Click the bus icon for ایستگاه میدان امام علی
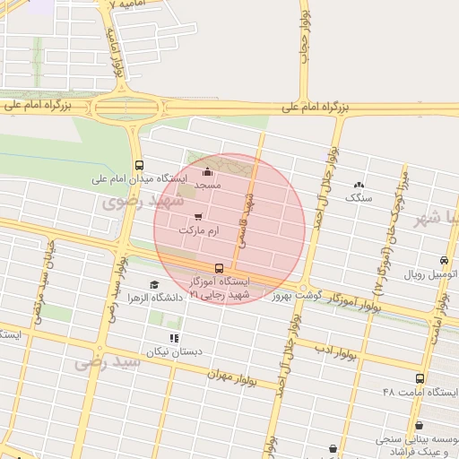[139, 166]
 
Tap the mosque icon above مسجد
[208, 171]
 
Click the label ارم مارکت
[198, 231]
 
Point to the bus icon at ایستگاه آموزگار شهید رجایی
[219, 268]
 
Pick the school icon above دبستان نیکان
[174, 338]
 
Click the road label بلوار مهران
[230, 377]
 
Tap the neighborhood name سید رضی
[108, 361]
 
